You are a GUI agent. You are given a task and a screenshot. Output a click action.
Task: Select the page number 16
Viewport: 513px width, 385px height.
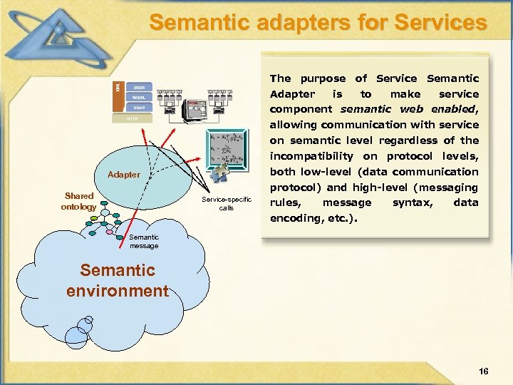[x=484, y=371]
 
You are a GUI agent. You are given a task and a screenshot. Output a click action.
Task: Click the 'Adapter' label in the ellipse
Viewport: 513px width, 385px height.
[x=124, y=175]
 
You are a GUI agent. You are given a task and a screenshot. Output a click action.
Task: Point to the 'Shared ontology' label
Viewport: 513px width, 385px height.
[x=79, y=201]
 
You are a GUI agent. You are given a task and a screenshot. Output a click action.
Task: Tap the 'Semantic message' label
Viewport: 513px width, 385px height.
[x=144, y=242]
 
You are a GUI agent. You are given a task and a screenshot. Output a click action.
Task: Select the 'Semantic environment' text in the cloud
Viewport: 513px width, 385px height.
[x=118, y=281]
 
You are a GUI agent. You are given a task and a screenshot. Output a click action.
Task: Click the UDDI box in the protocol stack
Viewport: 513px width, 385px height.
[x=138, y=87]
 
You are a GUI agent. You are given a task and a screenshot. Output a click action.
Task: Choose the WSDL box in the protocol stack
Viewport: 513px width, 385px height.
[x=138, y=98]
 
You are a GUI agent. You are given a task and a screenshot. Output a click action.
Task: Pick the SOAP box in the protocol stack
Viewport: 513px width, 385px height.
[x=138, y=108]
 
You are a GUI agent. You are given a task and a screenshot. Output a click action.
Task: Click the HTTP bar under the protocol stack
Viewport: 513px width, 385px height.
[x=133, y=119]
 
